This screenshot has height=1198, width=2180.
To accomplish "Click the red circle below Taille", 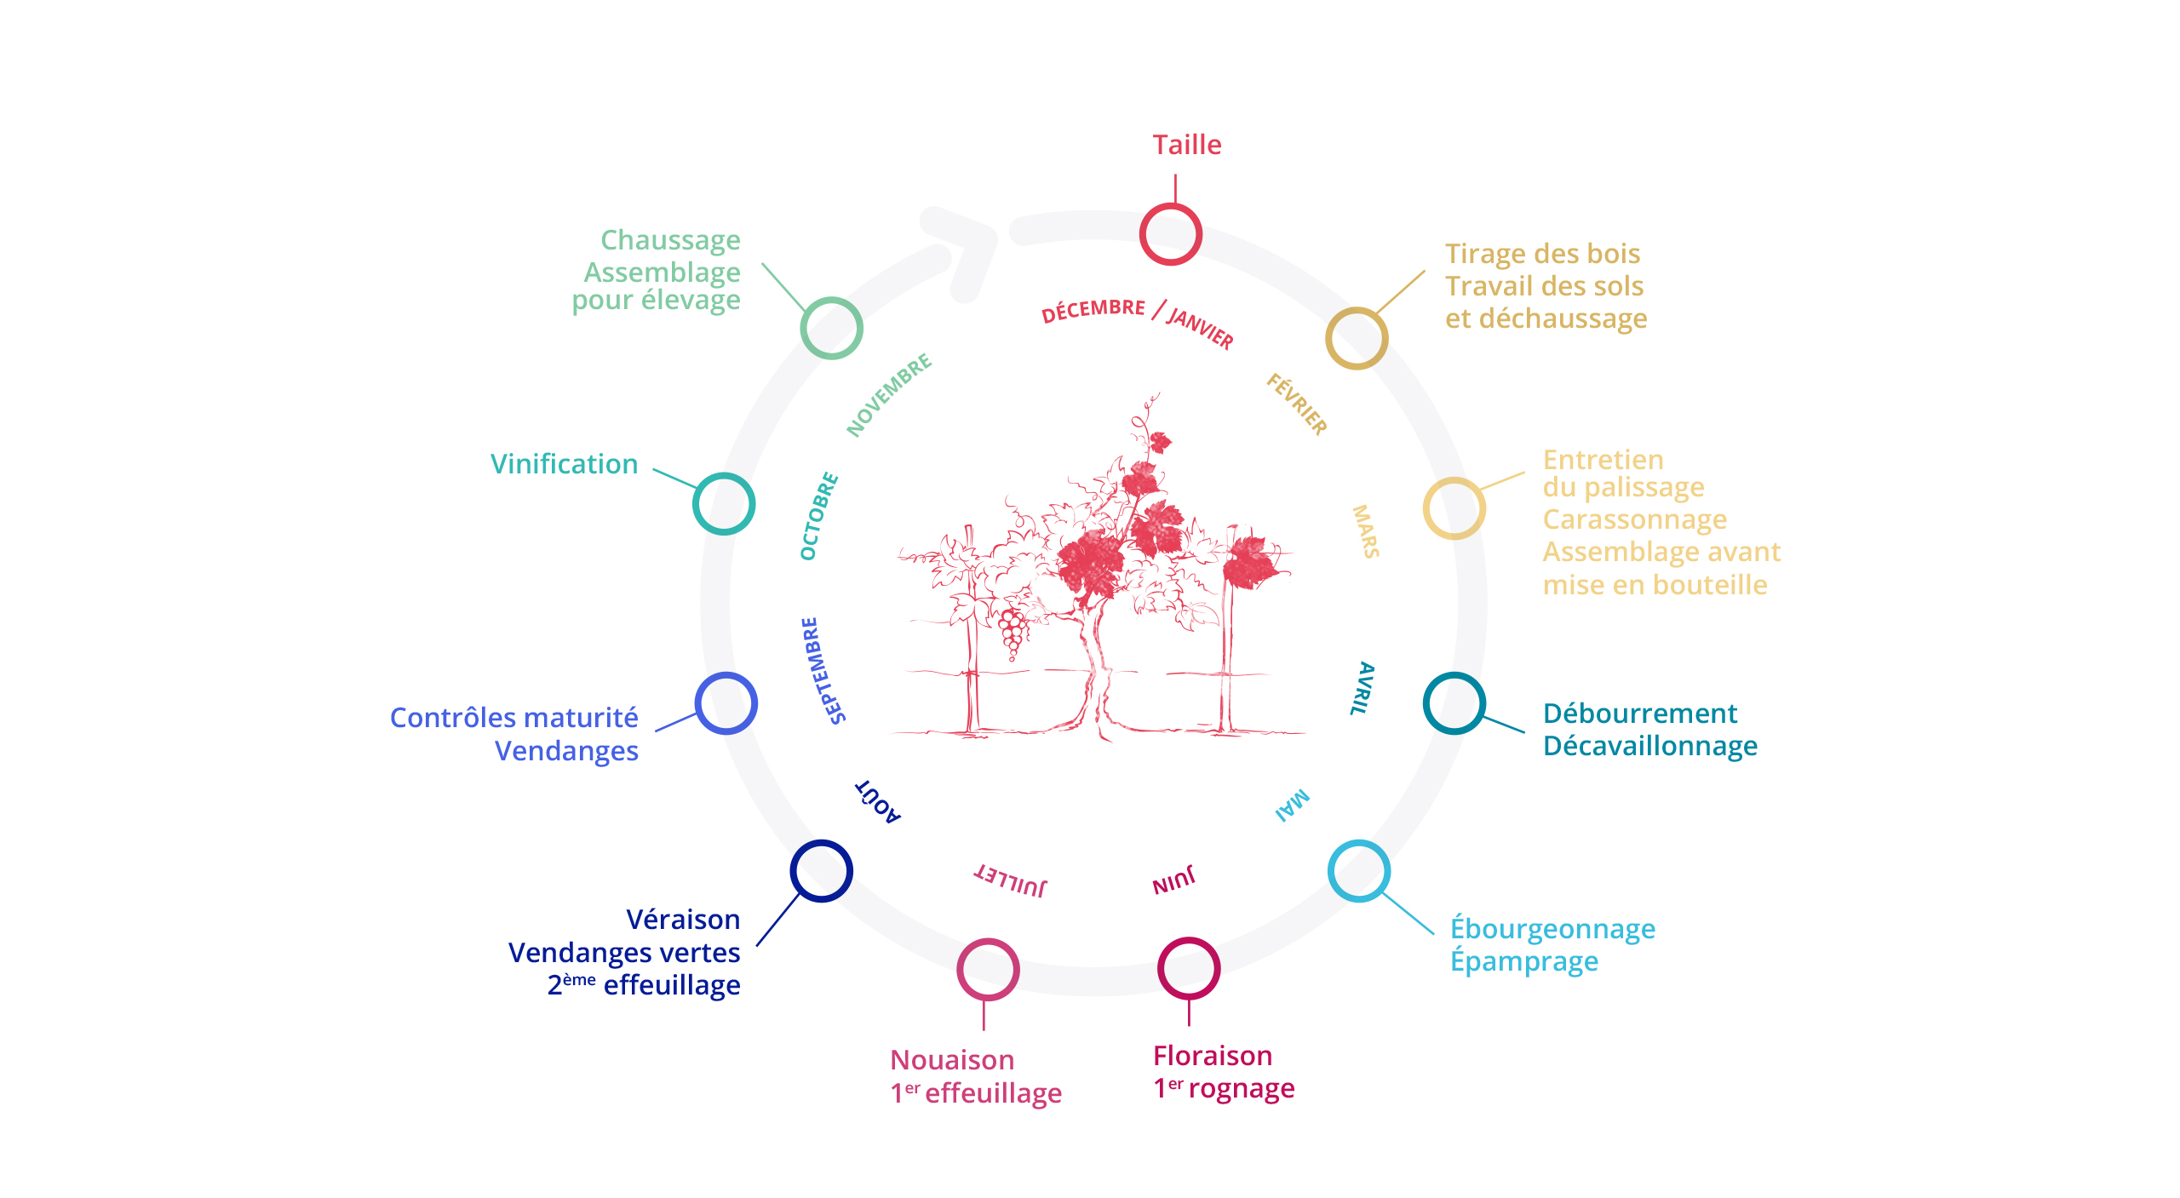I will (x=1170, y=234).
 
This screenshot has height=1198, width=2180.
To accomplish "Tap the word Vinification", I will (x=564, y=464).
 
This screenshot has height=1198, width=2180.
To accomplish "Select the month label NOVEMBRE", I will (x=888, y=395).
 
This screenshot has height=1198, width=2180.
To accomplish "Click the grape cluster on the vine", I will (x=1013, y=633).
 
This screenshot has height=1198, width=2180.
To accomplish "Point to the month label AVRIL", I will (x=1362, y=688).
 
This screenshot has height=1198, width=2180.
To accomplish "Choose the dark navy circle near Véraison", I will (x=821, y=870).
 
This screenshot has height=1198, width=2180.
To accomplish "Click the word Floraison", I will (x=1212, y=1056).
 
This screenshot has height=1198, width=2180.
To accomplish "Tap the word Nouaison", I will (x=951, y=1060).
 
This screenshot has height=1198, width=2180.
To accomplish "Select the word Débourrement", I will (x=1639, y=714).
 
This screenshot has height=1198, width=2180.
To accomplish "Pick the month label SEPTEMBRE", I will (x=823, y=671).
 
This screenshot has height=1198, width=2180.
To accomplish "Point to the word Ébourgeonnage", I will (x=1552, y=929).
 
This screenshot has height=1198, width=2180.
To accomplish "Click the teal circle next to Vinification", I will (x=724, y=503).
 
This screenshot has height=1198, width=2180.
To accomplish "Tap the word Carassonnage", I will (x=1634, y=519).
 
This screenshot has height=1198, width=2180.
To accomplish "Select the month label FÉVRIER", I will (x=1296, y=404).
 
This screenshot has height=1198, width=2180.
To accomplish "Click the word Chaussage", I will (x=670, y=240).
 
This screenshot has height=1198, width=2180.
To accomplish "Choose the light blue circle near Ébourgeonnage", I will (x=1358, y=870).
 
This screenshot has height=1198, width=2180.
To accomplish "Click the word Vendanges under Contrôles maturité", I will (x=566, y=751).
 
